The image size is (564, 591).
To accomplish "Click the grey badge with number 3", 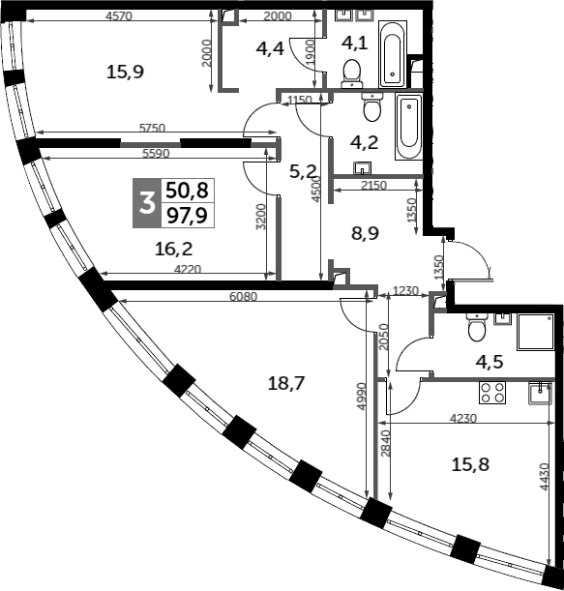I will point(147,203).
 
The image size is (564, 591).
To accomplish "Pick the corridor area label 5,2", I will point(304,171).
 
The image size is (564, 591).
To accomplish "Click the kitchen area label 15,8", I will point(470,464).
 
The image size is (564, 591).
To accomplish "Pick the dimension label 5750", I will point(156,127).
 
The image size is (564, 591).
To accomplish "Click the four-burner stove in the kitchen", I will point(492,392).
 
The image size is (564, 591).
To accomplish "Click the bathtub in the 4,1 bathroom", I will point(395,54).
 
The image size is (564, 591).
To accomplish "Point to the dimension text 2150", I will point(373,186).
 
